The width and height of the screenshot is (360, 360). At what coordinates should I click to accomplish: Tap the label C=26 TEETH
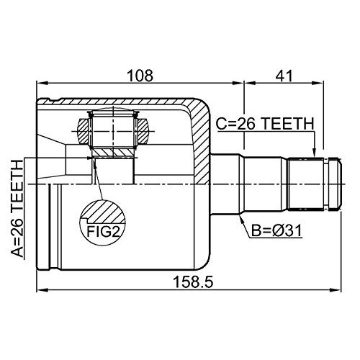265,124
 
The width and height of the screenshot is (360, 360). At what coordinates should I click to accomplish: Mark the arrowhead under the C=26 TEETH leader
315,152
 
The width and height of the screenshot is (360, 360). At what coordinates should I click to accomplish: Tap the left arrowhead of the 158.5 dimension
40,292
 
